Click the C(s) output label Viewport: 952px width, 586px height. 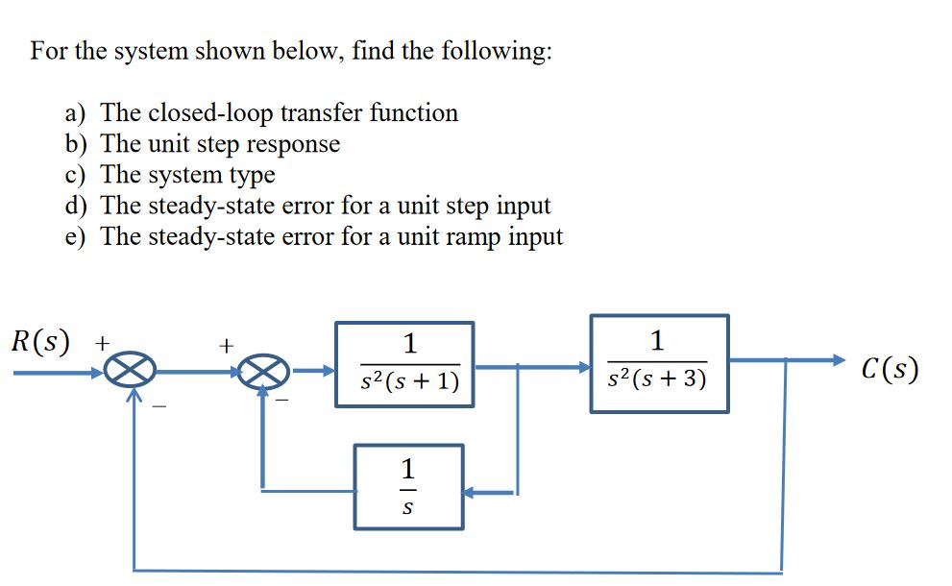click(x=890, y=369)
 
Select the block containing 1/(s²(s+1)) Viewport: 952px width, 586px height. click(x=404, y=364)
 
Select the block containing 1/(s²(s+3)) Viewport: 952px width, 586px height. click(x=659, y=364)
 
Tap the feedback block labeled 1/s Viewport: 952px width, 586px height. click(x=408, y=486)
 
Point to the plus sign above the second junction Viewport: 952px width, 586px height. click(x=227, y=343)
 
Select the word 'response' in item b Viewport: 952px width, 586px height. click(x=295, y=144)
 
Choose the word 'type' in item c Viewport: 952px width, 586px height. click(x=251, y=175)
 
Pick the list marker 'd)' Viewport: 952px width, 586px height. click(x=77, y=206)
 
